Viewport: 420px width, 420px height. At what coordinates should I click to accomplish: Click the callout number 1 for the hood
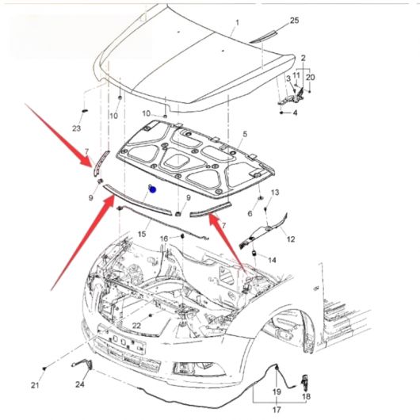click(x=237, y=22)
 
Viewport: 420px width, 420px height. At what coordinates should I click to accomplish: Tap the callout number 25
click(x=294, y=20)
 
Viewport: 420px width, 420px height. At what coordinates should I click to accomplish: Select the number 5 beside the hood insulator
click(x=246, y=134)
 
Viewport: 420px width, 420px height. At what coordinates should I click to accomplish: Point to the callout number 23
click(x=76, y=128)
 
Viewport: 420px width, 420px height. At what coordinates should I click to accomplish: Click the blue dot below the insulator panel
click(x=153, y=189)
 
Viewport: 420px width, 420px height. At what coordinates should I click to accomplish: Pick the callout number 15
click(x=142, y=234)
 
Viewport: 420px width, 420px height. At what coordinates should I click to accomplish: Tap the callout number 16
click(x=164, y=239)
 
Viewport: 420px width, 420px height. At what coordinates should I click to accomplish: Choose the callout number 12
click(x=291, y=239)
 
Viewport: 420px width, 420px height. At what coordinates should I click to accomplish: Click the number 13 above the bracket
click(x=275, y=193)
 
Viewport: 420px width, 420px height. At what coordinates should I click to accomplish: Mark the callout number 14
click(x=272, y=260)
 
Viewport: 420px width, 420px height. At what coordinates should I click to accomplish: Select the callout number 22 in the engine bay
click(x=136, y=326)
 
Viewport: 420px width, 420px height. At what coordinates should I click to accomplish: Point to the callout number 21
click(x=35, y=385)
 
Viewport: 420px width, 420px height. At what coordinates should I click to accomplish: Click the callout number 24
click(x=80, y=384)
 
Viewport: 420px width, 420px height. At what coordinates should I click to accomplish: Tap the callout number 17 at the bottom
click(x=277, y=410)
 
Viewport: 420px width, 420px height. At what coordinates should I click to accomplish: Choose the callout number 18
click(x=306, y=396)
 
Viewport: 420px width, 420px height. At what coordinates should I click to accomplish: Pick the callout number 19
click(x=277, y=391)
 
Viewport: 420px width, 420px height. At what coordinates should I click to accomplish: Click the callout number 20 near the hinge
click(x=310, y=78)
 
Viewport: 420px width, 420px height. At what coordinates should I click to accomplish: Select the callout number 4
click(x=295, y=113)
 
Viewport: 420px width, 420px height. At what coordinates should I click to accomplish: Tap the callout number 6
click(x=250, y=213)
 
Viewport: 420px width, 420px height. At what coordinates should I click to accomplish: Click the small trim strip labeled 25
click(x=263, y=36)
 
